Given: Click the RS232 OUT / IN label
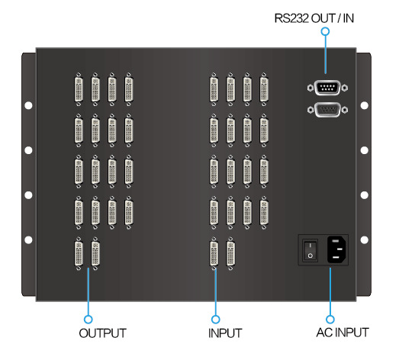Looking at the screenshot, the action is click(314, 18).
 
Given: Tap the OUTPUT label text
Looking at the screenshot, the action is click(103, 333).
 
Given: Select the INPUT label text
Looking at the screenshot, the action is click(225, 333).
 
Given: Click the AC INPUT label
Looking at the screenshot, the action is click(343, 333).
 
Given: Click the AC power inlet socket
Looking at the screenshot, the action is click(337, 249).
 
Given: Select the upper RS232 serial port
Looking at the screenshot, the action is click(328, 88).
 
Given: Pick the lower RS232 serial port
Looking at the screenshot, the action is click(328, 110).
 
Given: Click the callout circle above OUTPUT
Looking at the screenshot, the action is click(88, 319).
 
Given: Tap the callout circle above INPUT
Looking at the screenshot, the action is click(216, 319).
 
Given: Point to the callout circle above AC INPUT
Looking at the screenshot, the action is click(330, 319).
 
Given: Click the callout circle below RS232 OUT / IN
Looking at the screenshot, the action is click(325, 31).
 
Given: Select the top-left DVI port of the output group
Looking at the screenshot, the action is click(79, 89).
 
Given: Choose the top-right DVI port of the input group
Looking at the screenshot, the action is click(264, 89).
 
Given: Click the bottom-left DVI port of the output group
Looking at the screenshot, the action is click(79, 253).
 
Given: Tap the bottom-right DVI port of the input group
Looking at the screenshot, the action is click(230, 253).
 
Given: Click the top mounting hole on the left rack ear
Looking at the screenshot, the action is click(28, 105).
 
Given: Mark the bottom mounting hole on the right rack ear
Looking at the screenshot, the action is click(365, 239).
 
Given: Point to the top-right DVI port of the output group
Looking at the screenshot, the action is click(129, 89).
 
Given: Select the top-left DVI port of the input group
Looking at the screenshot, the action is click(214, 89).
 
